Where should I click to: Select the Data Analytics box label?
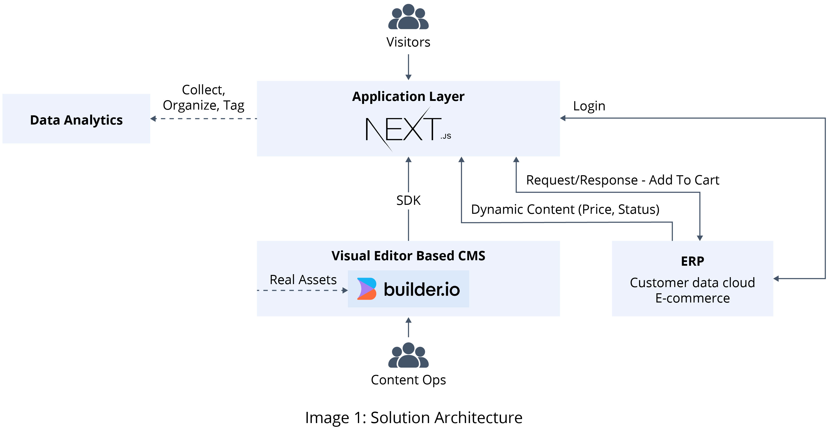(x=76, y=120)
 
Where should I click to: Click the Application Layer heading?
(x=408, y=96)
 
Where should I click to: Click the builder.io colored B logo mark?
(x=366, y=289)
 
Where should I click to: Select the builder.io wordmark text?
(x=422, y=289)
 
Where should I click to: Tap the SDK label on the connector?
(x=408, y=200)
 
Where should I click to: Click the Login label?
(x=589, y=106)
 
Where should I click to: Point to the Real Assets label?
(x=303, y=280)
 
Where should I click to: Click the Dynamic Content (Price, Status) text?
(x=565, y=209)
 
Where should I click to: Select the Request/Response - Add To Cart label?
(x=622, y=180)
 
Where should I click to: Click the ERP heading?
(x=692, y=261)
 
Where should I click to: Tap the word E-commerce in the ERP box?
(x=692, y=298)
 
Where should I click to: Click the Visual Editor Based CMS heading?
(x=408, y=256)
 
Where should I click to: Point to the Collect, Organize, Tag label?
(x=203, y=97)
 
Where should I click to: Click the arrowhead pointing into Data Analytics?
(x=153, y=119)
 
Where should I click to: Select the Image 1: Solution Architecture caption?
(x=414, y=418)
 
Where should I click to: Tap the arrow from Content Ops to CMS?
(x=408, y=327)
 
